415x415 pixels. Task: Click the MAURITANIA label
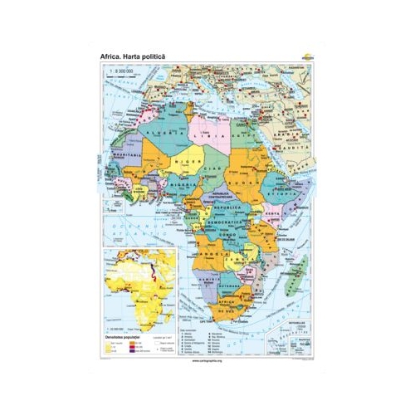tap(124, 155)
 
